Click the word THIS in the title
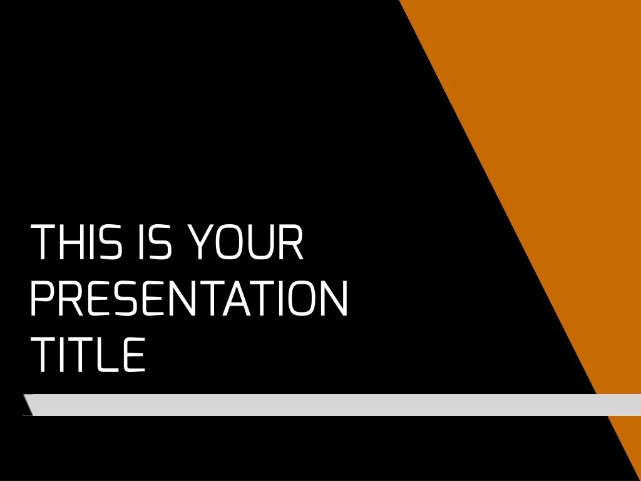76,242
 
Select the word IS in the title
155,242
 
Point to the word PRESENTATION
189,298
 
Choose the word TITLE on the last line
88,354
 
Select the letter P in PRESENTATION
42,298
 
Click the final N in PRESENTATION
334,298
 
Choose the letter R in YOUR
292,242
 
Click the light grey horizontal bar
332,405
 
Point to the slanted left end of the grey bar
28,405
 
